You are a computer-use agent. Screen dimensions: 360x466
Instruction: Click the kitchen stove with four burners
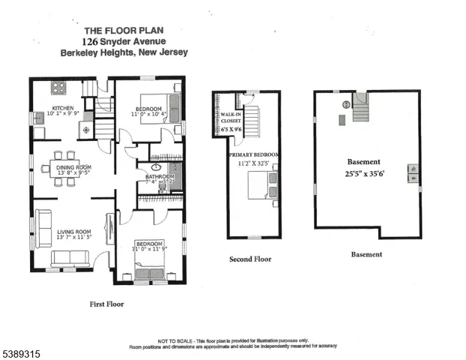58,87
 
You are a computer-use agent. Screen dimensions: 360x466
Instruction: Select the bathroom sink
158,167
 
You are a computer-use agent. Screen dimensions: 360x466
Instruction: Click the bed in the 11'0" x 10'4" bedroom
173,106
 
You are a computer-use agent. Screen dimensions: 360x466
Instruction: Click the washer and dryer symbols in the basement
411,173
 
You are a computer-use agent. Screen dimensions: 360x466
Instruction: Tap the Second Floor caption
250,259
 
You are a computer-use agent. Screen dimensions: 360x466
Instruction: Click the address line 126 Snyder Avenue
124,42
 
